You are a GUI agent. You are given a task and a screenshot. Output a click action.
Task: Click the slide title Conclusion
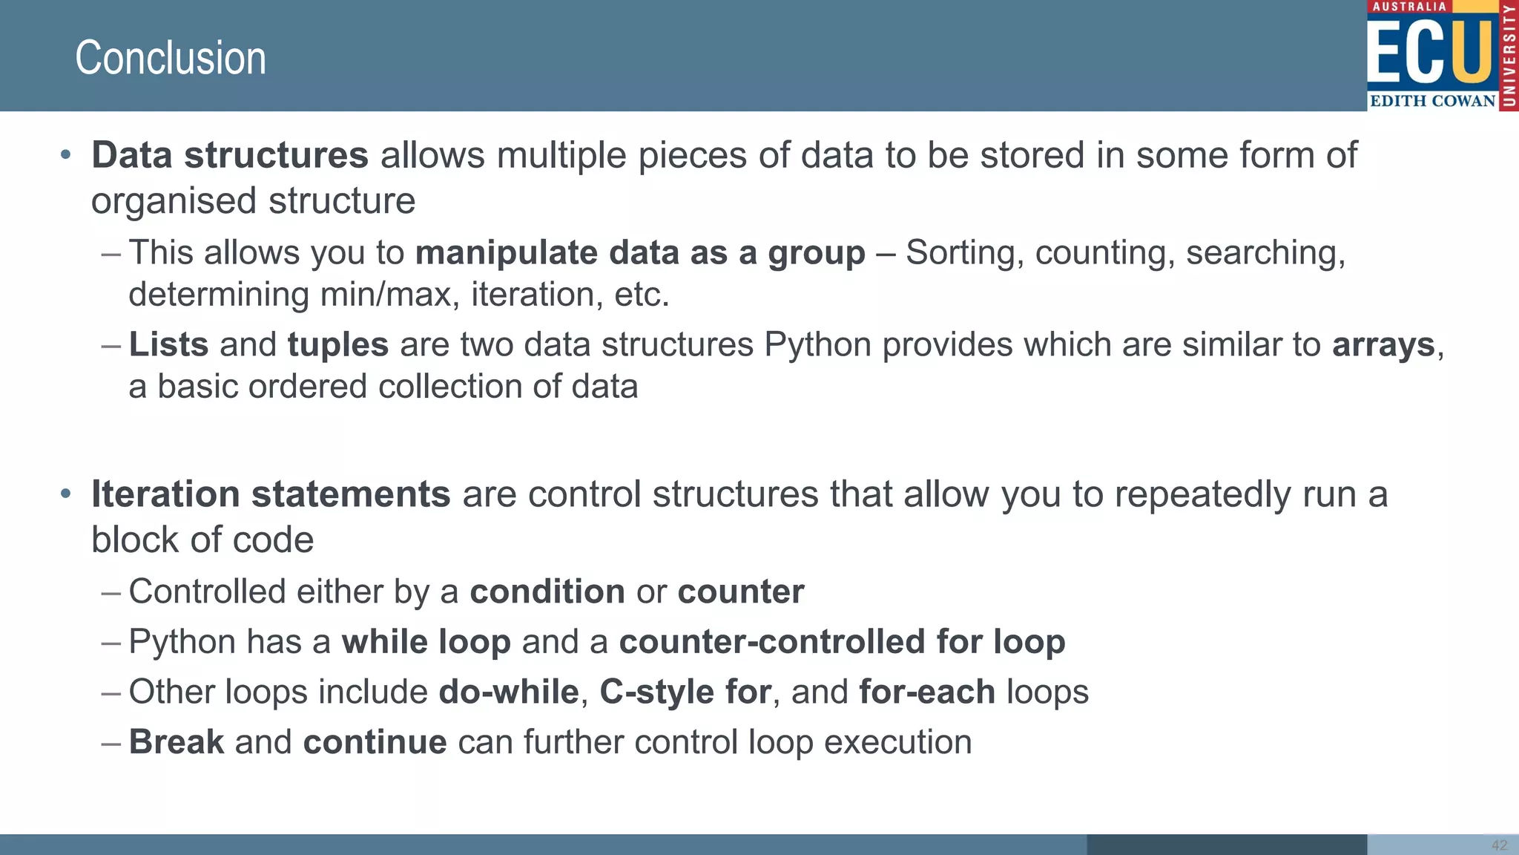click(170, 58)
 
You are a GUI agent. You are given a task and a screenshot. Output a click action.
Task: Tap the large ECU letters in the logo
click(1430, 52)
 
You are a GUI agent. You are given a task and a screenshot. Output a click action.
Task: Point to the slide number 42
click(1499, 845)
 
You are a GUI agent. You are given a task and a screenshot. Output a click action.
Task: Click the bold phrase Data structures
click(230, 155)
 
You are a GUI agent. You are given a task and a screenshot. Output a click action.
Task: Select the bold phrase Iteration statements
click(271, 494)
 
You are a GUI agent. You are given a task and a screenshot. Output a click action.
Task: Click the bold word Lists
click(168, 345)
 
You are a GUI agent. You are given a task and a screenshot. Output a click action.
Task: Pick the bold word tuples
click(338, 345)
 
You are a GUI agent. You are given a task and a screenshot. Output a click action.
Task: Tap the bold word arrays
click(1383, 345)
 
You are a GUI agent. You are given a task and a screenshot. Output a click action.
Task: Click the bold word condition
click(547, 592)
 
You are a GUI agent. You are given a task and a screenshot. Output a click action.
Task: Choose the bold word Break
click(177, 742)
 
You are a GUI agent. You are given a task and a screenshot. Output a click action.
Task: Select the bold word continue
click(375, 742)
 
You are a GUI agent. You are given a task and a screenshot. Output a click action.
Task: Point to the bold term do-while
click(509, 692)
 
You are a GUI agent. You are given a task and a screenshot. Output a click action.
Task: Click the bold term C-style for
click(685, 692)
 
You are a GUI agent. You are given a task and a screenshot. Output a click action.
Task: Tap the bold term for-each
click(926, 692)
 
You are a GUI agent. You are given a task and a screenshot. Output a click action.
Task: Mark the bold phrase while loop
click(426, 642)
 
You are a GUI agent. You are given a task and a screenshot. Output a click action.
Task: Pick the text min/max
click(386, 295)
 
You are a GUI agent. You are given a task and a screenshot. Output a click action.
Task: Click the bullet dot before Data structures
click(66, 155)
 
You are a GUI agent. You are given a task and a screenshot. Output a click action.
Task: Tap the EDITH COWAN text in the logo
click(1432, 101)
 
